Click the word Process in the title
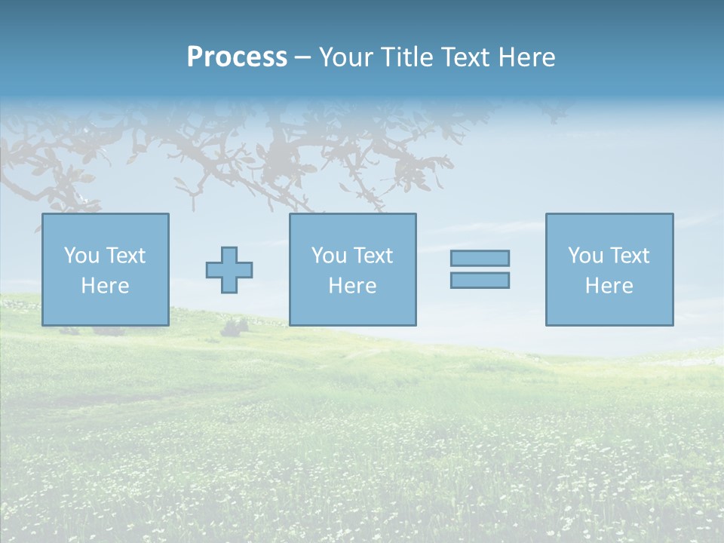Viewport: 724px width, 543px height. coord(237,57)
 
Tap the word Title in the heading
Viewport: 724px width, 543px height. coord(410,57)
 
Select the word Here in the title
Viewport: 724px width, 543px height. coord(526,57)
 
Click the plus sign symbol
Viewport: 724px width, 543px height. coord(229,270)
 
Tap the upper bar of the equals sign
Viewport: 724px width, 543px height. coord(480,259)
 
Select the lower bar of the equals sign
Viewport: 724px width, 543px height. coord(480,280)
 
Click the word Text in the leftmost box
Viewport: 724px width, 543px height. coord(125,256)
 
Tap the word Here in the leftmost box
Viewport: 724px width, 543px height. coord(106,286)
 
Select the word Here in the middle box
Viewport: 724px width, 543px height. coord(353,286)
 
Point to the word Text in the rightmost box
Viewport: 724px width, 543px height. coord(629,256)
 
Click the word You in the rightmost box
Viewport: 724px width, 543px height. coord(585,256)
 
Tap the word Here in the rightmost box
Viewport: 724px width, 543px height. coord(609,286)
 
